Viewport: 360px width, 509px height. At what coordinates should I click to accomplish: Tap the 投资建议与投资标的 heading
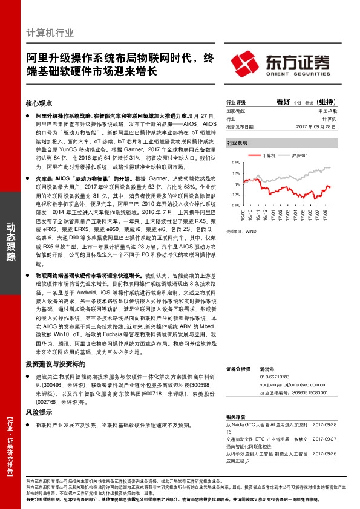(x=55, y=365)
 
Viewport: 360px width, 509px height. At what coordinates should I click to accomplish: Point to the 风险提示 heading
(x=39, y=412)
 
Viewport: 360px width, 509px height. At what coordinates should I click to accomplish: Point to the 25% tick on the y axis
(x=235, y=163)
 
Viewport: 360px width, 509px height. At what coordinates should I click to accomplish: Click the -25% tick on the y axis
(x=235, y=206)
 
